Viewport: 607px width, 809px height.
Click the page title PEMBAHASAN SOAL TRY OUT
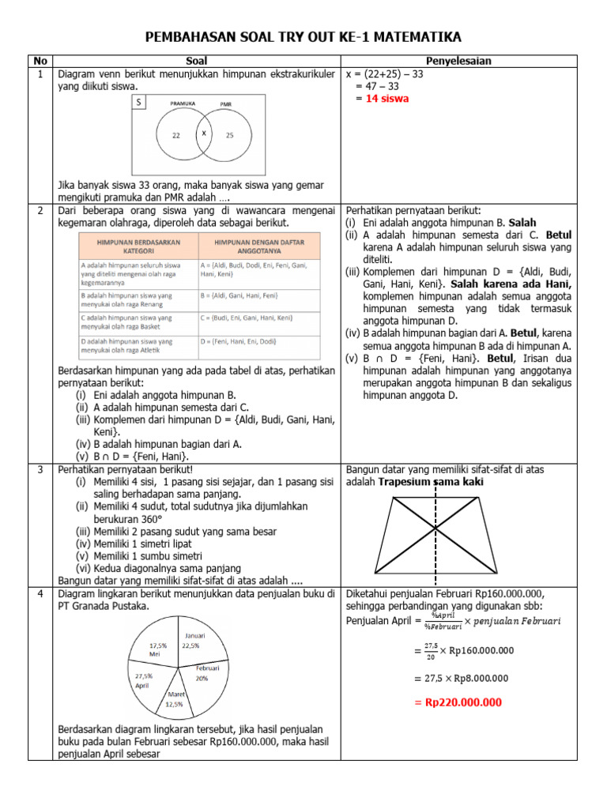(303, 37)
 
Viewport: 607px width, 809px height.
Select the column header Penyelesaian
(459, 61)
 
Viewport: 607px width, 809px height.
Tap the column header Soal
(197, 61)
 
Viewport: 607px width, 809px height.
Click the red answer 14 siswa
(383, 99)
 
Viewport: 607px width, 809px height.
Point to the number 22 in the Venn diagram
(176, 135)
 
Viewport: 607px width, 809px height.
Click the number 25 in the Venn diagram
(230, 135)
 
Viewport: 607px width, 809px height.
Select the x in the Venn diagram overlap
(204, 134)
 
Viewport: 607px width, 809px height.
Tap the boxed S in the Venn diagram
(139, 103)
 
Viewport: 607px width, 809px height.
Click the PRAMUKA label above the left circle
(183, 103)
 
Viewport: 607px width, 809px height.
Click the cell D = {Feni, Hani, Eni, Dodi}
(238, 341)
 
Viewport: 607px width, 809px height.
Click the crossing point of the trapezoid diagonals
(435, 526)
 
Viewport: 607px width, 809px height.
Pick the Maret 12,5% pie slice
(175, 698)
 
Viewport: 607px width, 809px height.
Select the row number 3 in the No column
(40, 469)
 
